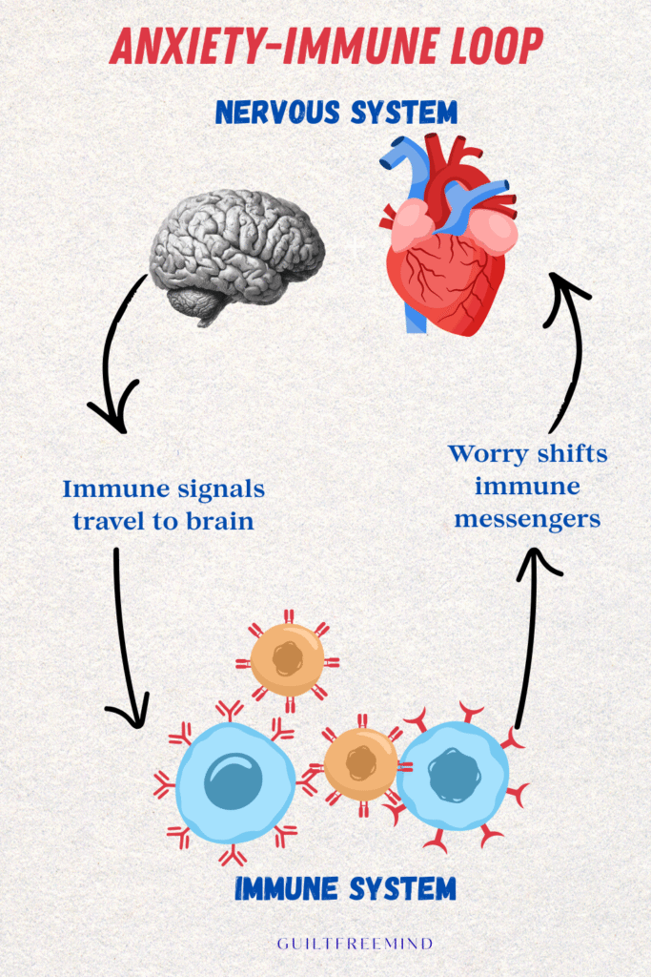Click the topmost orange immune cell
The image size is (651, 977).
point(287,658)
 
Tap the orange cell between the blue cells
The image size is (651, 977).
point(360,763)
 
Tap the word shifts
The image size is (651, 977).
point(575,454)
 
